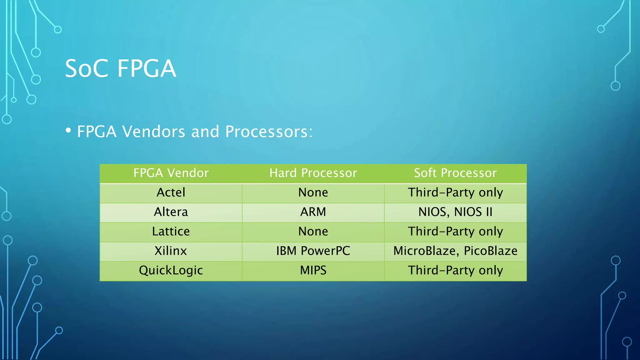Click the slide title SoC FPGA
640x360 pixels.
pyautogui.click(x=121, y=68)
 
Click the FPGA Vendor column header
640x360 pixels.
pyautogui.click(x=171, y=173)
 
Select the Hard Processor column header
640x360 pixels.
pyautogui.click(x=313, y=173)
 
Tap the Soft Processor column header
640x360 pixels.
pyautogui.click(x=455, y=173)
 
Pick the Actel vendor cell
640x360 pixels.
pyautogui.click(x=171, y=192)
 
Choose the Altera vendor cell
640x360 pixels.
pyautogui.click(x=171, y=212)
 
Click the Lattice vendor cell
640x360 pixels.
pyautogui.click(x=171, y=232)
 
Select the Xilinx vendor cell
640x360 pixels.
pyautogui.click(x=171, y=251)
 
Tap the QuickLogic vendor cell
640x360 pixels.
pyautogui.click(x=171, y=270)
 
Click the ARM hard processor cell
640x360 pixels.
pyautogui.click(x=313, y=212)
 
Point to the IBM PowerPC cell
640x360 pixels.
pyautogui.click(x=313, y=251)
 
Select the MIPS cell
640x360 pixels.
pyautogui.click(x=313, y=270)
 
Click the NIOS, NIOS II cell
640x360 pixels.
pyautogui.click(x=455, y=212)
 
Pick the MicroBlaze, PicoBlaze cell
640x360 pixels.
pyautogui.click(x=455, y=251)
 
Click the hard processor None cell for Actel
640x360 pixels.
pyautogui.click(x=313, y=192)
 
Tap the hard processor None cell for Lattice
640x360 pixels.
pyautogui.click(x=313, y=232)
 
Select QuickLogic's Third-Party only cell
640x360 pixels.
pyautogui.click(x=455, y=270)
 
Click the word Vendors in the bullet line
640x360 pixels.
pyautogui.click(x=154, y=132)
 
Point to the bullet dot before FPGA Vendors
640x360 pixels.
pyautogui.click(x=68, y=130)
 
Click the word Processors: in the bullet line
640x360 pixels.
pyautogui.click(x=269, y=132)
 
